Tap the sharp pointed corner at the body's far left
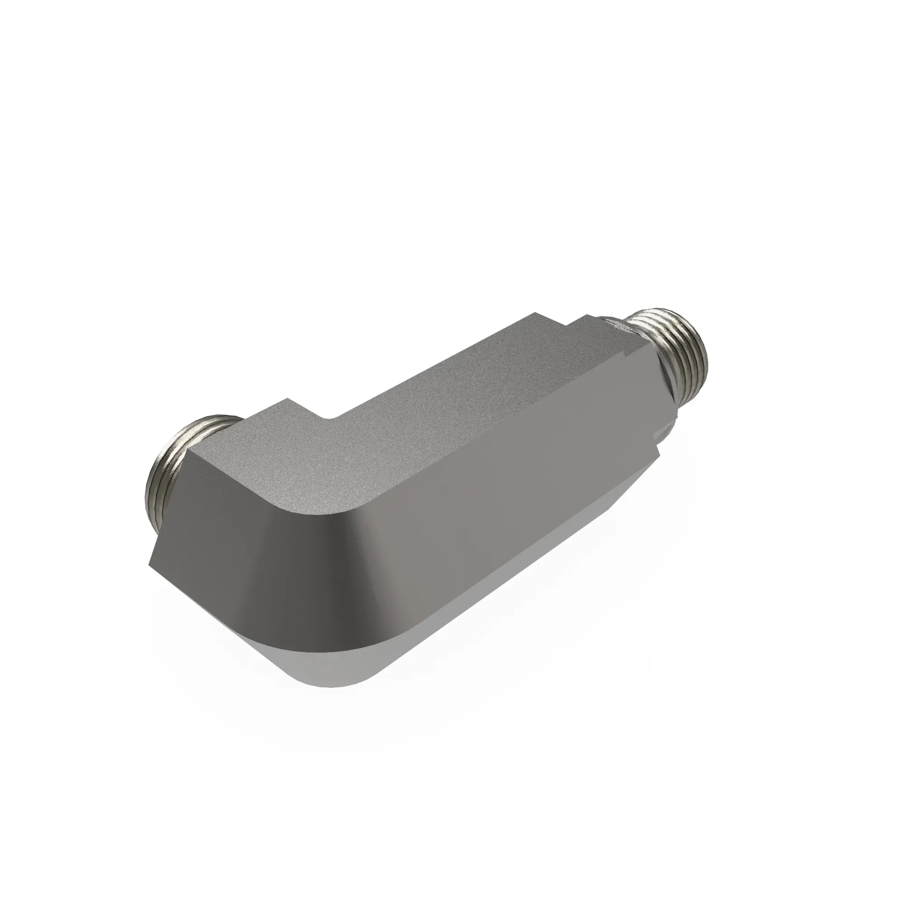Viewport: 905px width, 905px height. (x=151, y=564)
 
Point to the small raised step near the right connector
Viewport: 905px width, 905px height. (x=586, y=322)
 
